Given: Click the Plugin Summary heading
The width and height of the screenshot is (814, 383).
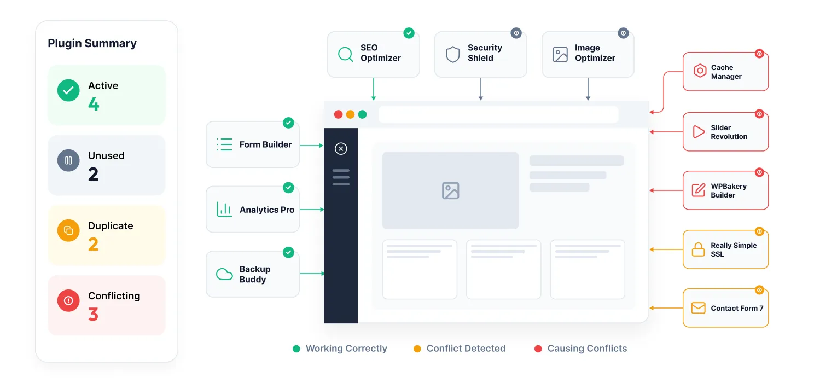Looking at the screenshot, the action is pos(92,43).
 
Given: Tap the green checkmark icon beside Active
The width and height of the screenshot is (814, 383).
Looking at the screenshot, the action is pos(68,90).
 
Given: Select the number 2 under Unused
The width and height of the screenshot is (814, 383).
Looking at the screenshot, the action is pos(93,174).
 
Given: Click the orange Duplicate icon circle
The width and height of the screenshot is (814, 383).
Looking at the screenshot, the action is pos(68,230).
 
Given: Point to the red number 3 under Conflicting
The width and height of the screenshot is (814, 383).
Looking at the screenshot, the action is pos(93,314).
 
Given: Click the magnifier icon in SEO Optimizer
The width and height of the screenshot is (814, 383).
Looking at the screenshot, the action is pos(346,55).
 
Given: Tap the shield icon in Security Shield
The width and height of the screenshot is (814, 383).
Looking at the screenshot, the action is pos(453,55).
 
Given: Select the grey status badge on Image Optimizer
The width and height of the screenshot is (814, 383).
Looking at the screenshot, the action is pos(623,33).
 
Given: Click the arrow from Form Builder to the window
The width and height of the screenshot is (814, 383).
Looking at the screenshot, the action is pos(311,146).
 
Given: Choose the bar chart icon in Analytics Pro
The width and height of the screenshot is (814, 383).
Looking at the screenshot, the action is pos(224,210).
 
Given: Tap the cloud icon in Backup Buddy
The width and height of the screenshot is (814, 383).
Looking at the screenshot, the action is pos(224,274).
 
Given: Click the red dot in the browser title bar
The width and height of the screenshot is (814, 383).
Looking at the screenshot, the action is pos(338,114).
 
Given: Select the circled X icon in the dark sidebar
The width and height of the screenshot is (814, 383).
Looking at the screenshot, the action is pos(341,149).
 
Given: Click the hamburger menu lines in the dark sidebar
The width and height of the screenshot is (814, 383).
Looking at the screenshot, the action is pos(341,177).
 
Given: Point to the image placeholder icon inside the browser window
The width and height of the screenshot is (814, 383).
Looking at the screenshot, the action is pos(451,191).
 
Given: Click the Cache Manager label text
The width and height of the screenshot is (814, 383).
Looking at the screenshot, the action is pos(726,72).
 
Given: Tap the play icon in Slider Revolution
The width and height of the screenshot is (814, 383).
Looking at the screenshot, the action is pos(699,131).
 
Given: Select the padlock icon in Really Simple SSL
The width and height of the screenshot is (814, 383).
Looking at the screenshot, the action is pos(698,249).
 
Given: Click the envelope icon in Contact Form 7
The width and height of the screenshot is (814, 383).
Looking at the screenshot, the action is pos(698,308).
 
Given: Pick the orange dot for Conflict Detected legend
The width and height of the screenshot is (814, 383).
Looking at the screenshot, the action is pos(417,349).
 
